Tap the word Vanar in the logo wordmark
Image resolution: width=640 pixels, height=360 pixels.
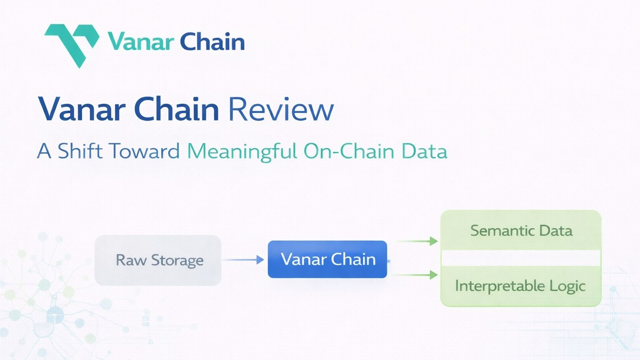pos(140,42)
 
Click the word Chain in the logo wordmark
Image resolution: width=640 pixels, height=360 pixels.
pos(212,42)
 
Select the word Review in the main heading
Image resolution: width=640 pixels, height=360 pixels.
pos(281,109)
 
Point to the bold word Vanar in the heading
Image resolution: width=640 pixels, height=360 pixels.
pos(82,109)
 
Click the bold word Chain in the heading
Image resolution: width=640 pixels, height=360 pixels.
pos(177,109)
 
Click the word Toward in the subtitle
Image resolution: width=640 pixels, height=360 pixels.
pos(144,151)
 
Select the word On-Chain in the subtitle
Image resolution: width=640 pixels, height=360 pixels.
pos(349,151)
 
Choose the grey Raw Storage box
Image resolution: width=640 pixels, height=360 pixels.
pos(158,260)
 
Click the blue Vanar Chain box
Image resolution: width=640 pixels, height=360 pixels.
pos(327,259)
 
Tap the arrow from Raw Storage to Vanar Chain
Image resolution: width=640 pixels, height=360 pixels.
pos(244,260)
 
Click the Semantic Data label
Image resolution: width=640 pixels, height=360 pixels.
pos(521,230)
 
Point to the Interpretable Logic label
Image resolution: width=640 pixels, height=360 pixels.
pos(520,286)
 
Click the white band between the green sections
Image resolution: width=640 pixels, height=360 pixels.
pos(521,258)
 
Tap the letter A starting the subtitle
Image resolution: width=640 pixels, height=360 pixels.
pos(44,151)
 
